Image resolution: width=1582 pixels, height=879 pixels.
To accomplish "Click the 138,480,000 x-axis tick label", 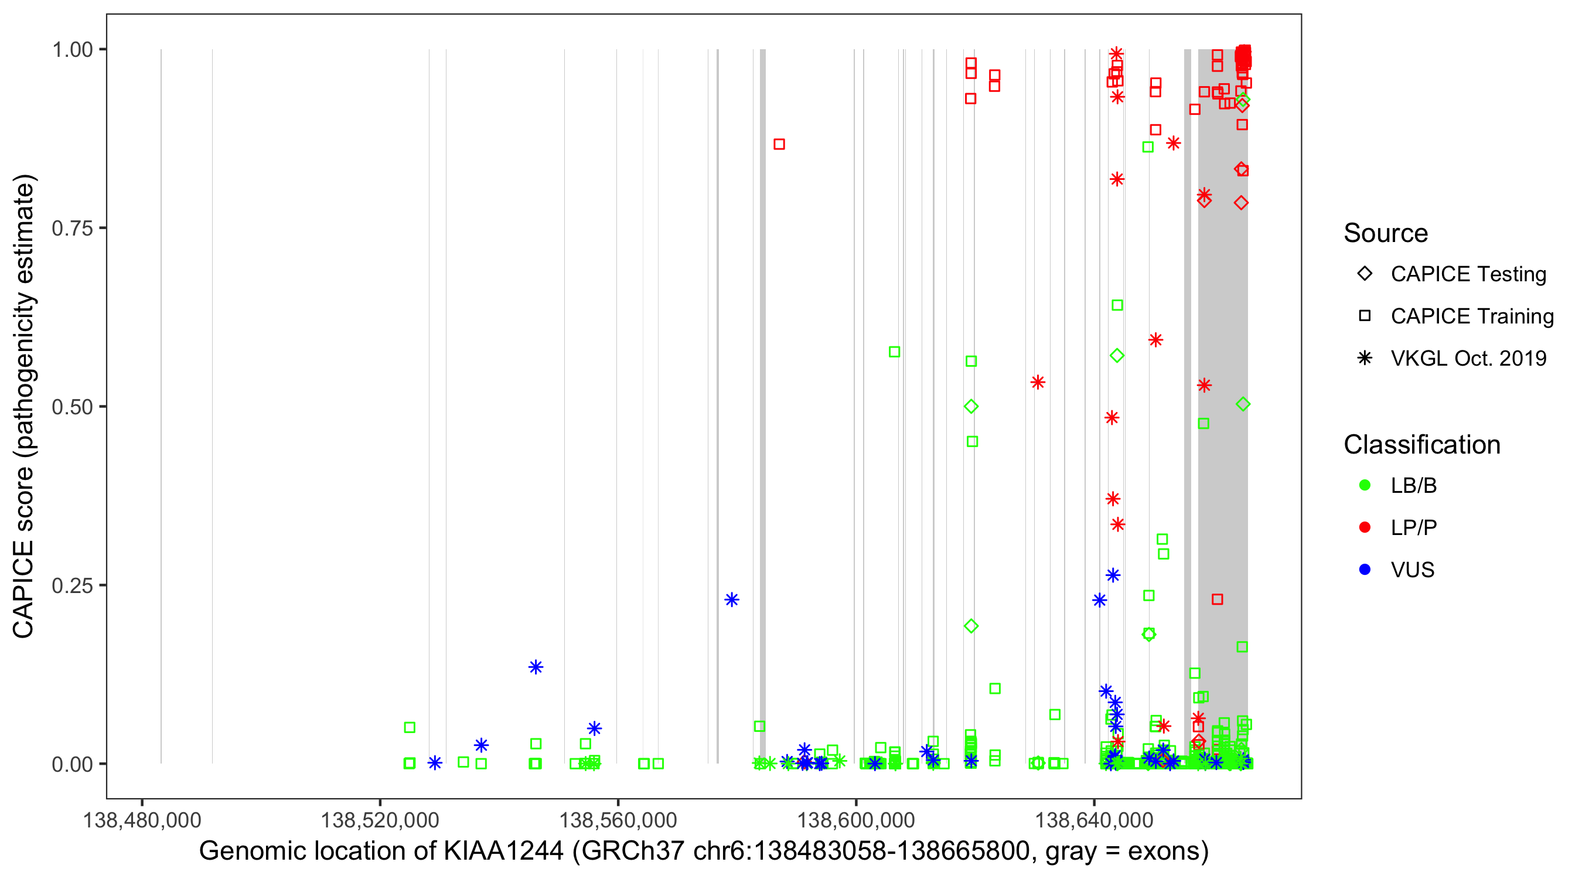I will pos(142,820).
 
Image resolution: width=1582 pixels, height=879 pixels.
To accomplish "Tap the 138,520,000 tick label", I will pos(380,820).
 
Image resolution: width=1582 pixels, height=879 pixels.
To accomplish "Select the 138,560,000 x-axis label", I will pos(618,820).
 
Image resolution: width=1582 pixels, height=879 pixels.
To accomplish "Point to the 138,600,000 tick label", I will pos(856,820).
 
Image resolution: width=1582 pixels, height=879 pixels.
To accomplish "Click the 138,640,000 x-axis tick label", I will pos(1094,820).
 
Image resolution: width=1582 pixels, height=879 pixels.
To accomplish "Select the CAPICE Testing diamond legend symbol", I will pos(1365,274).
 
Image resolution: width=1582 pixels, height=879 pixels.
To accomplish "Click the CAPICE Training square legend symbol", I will pos(1365,316).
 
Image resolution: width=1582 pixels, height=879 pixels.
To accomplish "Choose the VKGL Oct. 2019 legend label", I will pos(1468,358).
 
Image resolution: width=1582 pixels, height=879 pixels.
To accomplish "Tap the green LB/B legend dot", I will pos(1365,485).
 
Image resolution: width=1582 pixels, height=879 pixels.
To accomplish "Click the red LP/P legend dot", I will pos(1365,527).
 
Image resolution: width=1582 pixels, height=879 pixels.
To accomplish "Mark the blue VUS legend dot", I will pos(1365,570).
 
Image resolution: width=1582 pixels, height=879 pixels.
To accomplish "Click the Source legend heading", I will pos(1386,233).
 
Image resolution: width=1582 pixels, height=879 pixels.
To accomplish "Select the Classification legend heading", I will pos(1421,445).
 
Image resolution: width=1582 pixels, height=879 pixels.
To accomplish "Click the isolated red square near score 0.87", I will pos(779,144).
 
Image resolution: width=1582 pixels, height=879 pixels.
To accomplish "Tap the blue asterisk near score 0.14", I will pos(536,667).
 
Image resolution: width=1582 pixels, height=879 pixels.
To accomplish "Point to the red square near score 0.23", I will pos(1217,599).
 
